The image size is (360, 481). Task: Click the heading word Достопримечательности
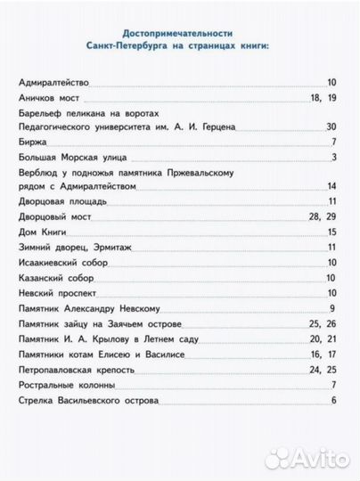coord(179,30)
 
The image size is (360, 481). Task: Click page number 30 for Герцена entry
coord(331,128)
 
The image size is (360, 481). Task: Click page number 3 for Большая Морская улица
coord(332,159)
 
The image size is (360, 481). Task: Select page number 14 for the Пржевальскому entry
coord(331,187)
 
